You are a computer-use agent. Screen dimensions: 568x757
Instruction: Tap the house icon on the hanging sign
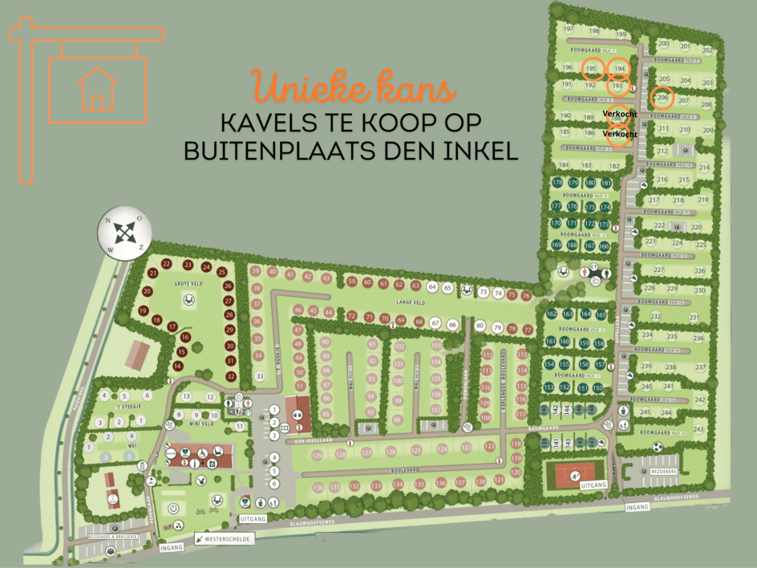(96, 88)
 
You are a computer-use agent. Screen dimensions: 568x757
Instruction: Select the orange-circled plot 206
(662, 98)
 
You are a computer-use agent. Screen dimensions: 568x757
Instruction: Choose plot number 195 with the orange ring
(592, 68)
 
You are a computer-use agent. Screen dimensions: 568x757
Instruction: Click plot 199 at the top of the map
(621, 34)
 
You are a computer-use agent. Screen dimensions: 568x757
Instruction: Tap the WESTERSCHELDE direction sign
(225, 539)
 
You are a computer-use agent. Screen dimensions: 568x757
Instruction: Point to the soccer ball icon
(658, 446)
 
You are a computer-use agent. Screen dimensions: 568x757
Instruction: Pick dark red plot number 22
(166, 264)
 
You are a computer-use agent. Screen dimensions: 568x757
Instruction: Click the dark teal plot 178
(558, 183)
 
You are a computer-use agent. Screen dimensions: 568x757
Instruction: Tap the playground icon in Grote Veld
(188, 300)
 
